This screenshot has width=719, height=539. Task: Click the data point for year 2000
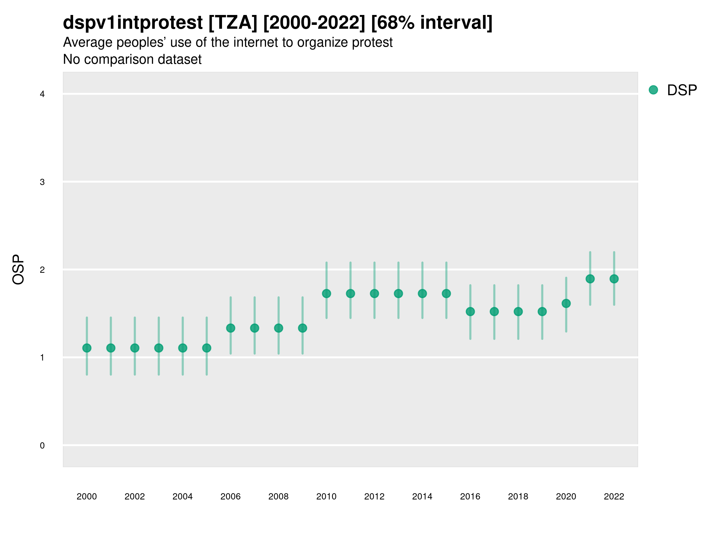[x=87, y=348]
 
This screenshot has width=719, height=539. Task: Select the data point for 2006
[x=230, y=328]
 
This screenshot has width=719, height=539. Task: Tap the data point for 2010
[x=326, y=294]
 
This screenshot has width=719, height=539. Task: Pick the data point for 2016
[x=470, y=312]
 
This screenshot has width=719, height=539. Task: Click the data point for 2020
[x=566, y=303]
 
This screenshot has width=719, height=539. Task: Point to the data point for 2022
[x=614, y=279]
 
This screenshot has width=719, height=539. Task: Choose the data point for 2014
[x=422, y=294]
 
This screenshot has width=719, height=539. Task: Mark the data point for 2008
[x=278, y=328]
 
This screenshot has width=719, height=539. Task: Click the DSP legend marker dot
[x=653, y=90]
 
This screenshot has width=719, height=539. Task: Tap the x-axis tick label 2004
[x=182, y=496]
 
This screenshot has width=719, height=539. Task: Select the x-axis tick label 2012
[x=374, y=496]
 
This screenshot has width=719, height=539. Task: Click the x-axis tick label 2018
[x=518, y=496]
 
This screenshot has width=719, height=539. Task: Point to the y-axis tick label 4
[x=42, y=94]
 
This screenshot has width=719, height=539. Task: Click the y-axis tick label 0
[x=42, y=446]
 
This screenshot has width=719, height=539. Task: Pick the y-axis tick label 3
[x=42, y=182]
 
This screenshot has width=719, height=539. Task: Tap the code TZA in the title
[x=233, y=23]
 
